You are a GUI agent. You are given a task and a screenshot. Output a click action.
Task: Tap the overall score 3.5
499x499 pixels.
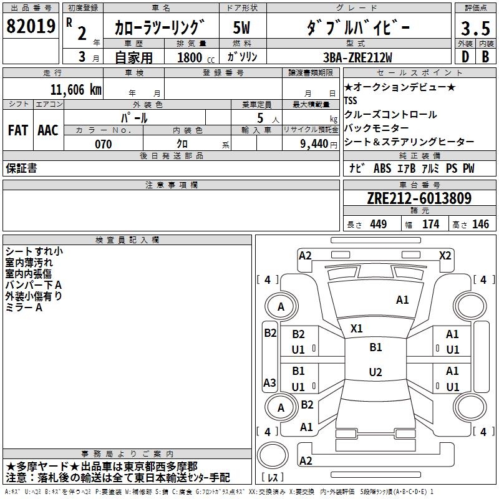pos(474,28)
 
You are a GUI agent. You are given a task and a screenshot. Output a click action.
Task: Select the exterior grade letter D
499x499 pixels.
pos(464,56)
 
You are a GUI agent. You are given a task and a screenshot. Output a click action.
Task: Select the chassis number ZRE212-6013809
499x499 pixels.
pos(419,198)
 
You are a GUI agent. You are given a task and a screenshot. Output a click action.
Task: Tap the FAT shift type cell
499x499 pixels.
pos(18,130)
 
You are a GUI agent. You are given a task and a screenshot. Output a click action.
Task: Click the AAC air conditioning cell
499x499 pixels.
pos(48,130)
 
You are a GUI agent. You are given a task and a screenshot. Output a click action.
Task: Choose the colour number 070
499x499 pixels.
pos(103,144)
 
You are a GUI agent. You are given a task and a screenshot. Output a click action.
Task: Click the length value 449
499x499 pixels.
pos(377,224)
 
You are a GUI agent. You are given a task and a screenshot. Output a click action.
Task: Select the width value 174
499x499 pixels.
pos(430,224)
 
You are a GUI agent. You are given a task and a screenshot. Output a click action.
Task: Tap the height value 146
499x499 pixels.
pos(480,224)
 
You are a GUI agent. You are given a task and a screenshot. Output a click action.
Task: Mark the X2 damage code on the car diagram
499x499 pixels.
pos(445,255)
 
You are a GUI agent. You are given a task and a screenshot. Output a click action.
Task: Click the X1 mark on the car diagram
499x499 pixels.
pos(357,328)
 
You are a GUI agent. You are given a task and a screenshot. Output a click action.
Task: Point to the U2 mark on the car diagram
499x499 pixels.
pos(375,372)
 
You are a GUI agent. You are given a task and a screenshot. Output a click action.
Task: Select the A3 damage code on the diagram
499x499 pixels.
pos(270,383)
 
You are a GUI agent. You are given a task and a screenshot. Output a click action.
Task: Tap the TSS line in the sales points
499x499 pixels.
pos(352,100)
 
